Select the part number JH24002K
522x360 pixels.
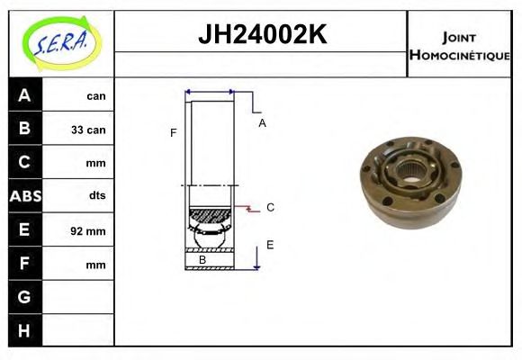(x=261, y=35)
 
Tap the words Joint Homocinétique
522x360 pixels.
(x=459, y=45)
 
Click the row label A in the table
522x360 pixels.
(x=24, y=95)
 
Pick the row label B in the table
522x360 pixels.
(x=24, y=129)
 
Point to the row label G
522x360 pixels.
(x=24, y=296)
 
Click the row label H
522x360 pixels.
(x=24, y=330)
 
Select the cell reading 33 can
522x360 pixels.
(x=88, y=130)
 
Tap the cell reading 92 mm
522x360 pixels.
(x=88, y=230)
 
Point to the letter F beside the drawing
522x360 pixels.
(x=173, y=133)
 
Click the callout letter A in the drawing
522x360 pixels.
(x=262, y=123)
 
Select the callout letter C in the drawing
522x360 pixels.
(x=269, y=207)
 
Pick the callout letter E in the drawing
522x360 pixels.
(x=269, y=244)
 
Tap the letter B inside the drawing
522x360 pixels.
(x=202, y=260)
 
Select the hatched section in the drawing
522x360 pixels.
(x=209, y=216)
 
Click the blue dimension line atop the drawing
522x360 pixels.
(x=209, y=92)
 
